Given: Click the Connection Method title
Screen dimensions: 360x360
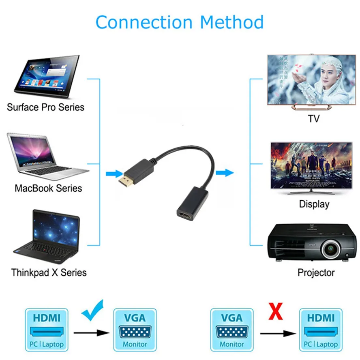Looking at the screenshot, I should point(180,22).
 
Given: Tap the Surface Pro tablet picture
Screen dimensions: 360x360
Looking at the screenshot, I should point(46,77).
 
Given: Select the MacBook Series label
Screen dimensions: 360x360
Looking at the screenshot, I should point(48,188).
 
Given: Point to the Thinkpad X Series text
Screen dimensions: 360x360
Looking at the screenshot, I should point(49,272).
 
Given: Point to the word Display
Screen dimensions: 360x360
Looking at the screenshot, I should point(314,204).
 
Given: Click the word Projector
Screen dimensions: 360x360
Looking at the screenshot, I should point(316,272).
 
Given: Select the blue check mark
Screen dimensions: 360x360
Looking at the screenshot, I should point(93,310).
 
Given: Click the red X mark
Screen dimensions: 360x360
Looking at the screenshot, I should point(276,312).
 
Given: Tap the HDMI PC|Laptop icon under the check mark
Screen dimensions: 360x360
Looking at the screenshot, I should point(47,329).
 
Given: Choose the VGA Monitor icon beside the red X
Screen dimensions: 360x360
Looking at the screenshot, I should point(232,329).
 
